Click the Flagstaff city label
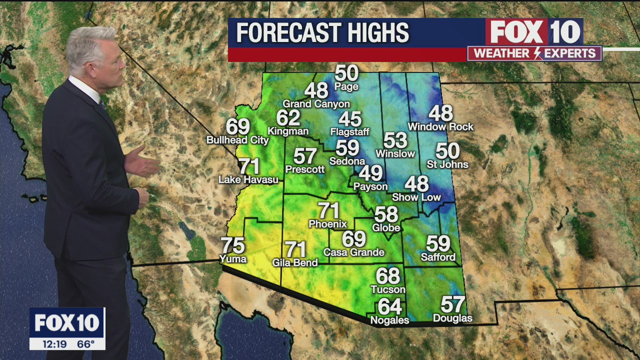(349, 132)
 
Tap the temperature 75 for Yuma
(233, 245)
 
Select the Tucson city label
(388, 289)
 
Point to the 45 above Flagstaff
(350, 119)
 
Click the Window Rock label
(440, 127)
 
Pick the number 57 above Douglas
(452, 304)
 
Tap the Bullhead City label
(237, 140)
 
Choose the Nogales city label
(389, 320)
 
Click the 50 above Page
(346, 73)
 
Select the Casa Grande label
(353, 252)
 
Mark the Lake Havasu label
(248, 179)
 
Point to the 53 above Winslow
(395, 140)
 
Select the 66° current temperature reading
(85, 344)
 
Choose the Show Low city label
(416, 197)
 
